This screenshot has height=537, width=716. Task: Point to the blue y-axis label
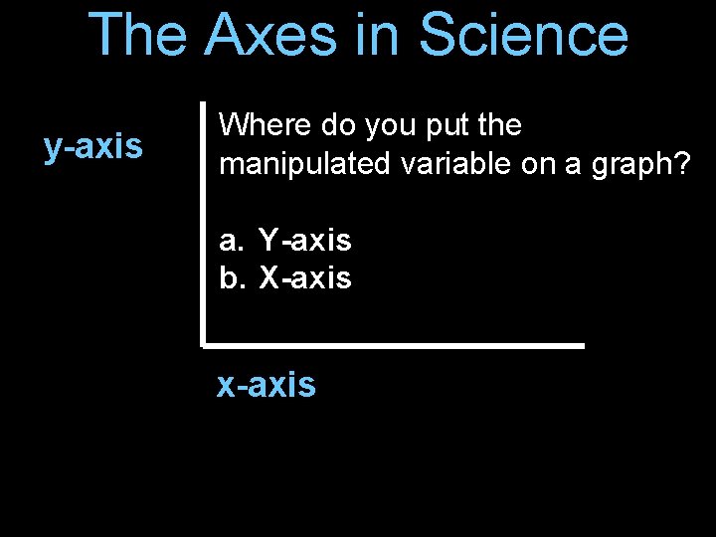click(93, 147)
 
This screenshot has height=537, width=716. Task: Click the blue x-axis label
click(267, 384)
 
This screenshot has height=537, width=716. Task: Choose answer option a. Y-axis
click(285, 240)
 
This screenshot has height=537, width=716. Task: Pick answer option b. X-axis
click(285, 278)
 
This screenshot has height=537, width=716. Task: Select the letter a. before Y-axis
click(231, 240)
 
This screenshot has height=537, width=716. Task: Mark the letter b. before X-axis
click(231, 278)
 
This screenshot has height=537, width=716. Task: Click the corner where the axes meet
click(203, 345)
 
